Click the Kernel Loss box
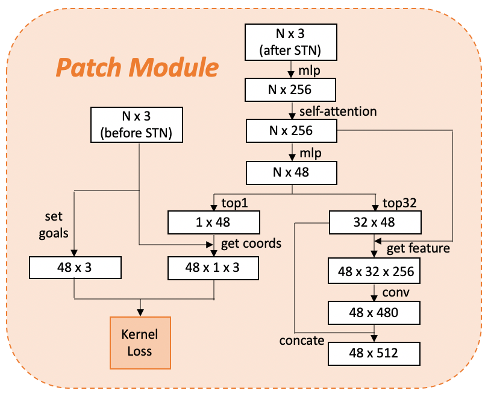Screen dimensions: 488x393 [140, 343]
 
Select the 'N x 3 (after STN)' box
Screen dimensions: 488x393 [290, 42]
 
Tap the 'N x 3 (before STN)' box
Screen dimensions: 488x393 [137, 125]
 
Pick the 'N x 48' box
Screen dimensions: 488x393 [292, 173]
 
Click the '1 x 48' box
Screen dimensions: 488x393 [213, 222]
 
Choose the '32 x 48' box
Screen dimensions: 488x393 [375, 222]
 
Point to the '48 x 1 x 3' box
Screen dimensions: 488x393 [213, 268]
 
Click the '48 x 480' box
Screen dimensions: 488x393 [374, 313]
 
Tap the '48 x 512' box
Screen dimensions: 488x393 [374, 354]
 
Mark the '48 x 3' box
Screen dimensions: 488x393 [75, 268]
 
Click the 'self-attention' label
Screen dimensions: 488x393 [338, 112]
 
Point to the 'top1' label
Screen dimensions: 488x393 [235, 203]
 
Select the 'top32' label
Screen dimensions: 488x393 [399, 203]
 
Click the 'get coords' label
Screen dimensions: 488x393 [251, 244]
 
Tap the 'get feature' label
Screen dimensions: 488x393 [418, 248]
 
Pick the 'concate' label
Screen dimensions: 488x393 [302, 341]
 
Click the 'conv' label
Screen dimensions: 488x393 [396, 292]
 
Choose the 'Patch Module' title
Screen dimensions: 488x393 [137, 68]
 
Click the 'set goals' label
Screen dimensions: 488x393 [54, 225]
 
